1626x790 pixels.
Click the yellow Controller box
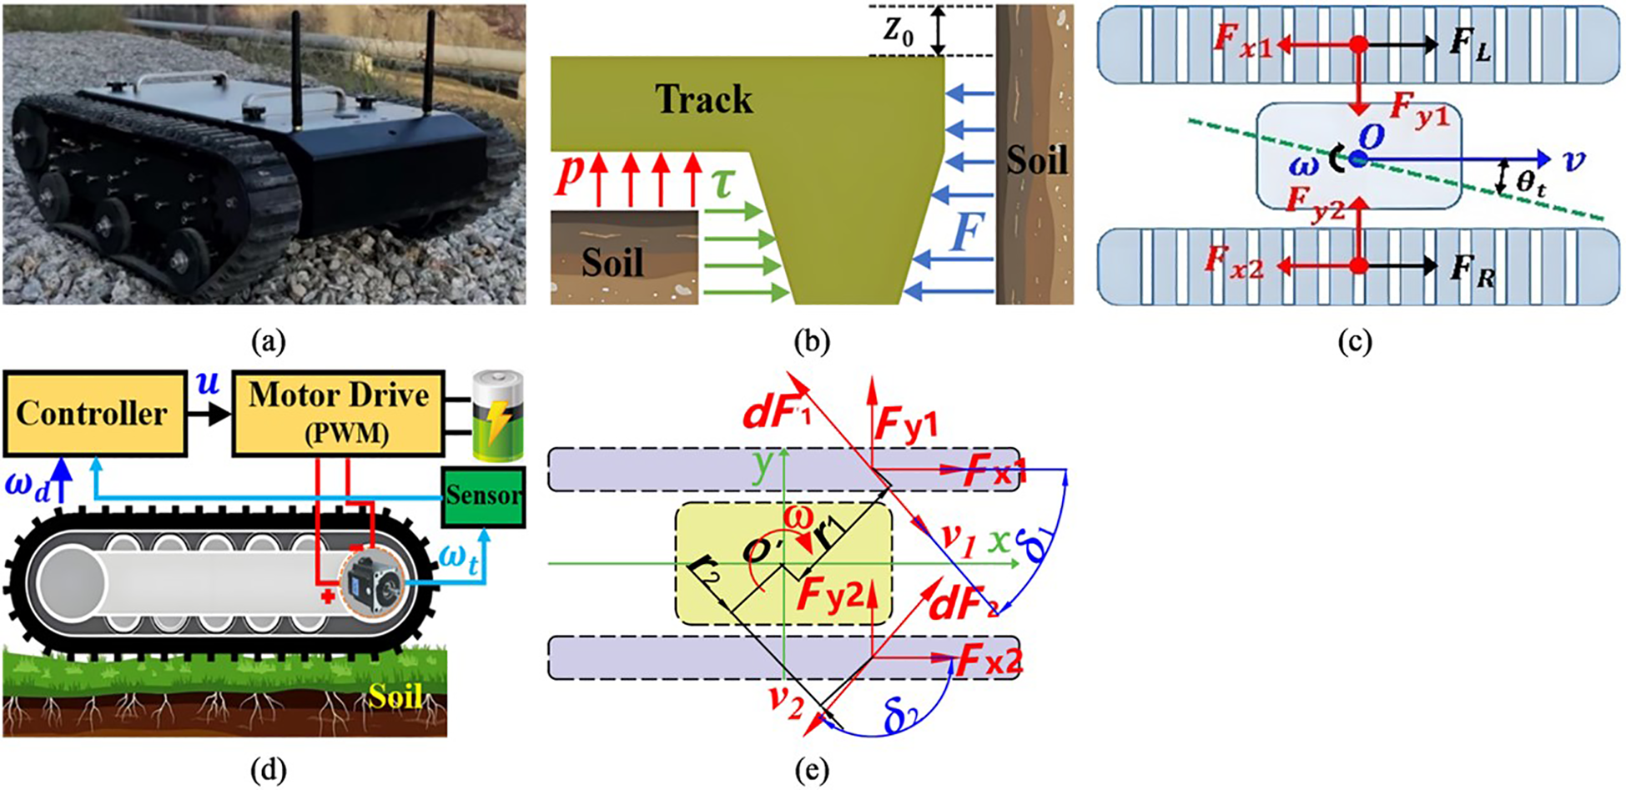tap(94, 415)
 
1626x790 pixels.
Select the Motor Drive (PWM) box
tap(338, 415)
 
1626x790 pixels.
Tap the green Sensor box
tap(483, 496)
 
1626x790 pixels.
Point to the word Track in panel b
tap(703, 100)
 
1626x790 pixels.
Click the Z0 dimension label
tap(899, 32)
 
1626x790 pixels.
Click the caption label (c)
tap(1354, 342)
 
